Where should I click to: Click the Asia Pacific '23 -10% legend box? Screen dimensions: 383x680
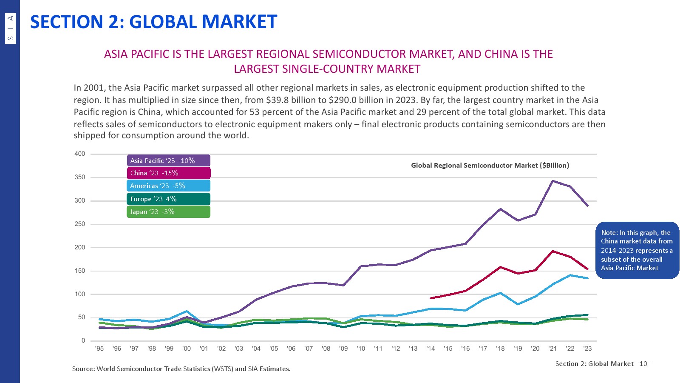[168, 160]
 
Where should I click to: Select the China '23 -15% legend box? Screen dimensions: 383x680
[168, 173]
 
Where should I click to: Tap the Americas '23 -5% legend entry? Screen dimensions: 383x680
[168, 186]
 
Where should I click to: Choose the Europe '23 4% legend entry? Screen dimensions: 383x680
[168, 199]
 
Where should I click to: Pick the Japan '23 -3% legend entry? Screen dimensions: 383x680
[168, 212]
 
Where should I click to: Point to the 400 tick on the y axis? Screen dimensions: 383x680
[80, 154]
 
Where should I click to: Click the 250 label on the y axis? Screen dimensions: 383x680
[80, 224]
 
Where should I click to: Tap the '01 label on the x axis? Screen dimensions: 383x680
[204, 349]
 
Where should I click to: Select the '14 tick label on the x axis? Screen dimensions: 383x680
[431, 349]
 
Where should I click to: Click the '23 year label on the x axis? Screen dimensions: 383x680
[587, 349]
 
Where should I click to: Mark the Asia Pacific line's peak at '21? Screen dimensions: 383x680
[552, 181]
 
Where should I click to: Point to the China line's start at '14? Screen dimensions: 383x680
[431, 298]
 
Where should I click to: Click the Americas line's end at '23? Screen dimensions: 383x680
[587, 278]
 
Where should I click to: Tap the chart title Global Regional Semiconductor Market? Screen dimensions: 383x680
[490, 166]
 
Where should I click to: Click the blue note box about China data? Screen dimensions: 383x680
[637, 250]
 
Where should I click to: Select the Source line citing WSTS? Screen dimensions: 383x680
[181, 369]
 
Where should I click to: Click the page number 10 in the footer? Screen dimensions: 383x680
[643, 364]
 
